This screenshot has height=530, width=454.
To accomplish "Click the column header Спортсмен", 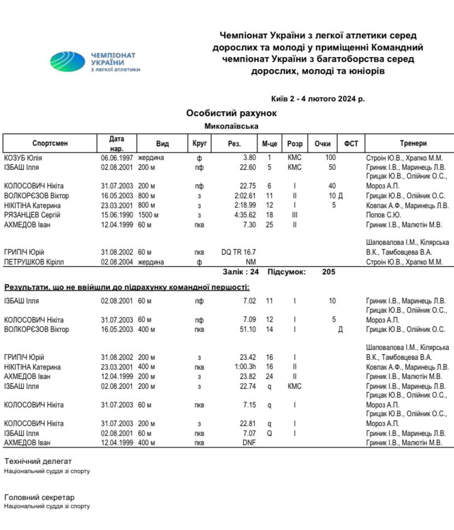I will (50, 143).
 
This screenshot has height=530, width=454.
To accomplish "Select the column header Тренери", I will (412, 143).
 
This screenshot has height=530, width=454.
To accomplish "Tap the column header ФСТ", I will (351, 143).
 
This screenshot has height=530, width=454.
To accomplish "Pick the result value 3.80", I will (249, 158).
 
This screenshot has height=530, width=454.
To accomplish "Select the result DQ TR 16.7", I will (239, 252).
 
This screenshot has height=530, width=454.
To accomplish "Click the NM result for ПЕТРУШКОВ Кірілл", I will (251, 262).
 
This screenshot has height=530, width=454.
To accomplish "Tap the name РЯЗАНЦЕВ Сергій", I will (32, 215).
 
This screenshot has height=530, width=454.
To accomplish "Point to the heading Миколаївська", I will (231, 126).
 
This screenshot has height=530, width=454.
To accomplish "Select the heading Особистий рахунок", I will (231, 113).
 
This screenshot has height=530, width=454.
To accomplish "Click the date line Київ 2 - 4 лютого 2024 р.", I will (318, 99).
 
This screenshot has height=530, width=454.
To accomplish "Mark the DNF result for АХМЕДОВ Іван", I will (249, 442).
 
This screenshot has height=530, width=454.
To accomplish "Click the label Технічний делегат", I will (38, 461).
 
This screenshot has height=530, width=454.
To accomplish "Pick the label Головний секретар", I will (39, 497).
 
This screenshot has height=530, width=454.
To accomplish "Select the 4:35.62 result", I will (245, 215).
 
